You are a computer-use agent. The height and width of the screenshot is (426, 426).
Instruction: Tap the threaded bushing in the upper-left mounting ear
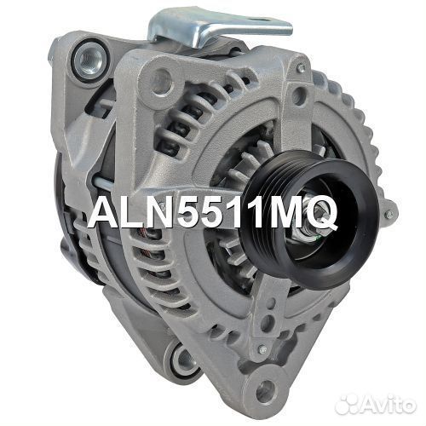click(87, 60)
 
